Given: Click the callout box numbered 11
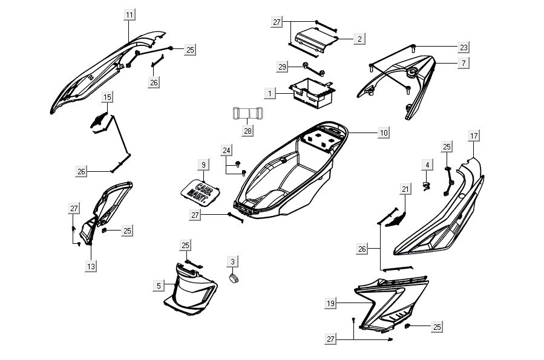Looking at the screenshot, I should click(x=130, y=15).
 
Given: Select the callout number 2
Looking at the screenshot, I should click(x=359, y=39).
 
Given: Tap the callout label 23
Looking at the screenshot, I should click(x=464, y=47).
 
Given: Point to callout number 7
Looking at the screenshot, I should click(x=464, y=63).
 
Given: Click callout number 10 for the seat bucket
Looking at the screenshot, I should click(x=384, y=133).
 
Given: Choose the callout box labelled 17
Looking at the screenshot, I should click(x=474, y=136).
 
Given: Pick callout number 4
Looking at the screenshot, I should click(x=427, y=165).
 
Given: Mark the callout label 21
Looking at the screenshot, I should click(x=405, y=190).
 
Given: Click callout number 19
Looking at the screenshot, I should click(x=331, y=304).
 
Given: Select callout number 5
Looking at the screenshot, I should click(x=159, y=285).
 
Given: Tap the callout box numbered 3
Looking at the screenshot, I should click(x=233, y=261).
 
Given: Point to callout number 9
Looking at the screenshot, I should click(x=203, y=165).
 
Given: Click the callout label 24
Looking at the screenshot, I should click(x=226, y=150).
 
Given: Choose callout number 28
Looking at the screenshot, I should click(x=247, y=131).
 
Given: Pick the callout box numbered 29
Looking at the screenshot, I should click(x=282, y=67).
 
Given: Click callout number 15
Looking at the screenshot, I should click(x=107, y=97).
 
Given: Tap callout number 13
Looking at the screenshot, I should click(x=91, y=266).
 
